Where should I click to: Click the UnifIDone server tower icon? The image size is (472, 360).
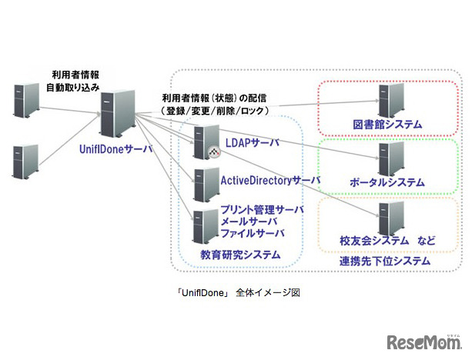(117, 114)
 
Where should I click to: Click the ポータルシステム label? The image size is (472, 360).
(387, 182)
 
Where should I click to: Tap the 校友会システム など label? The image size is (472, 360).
(387, 241)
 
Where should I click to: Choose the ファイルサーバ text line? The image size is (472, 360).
(253, 232)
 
